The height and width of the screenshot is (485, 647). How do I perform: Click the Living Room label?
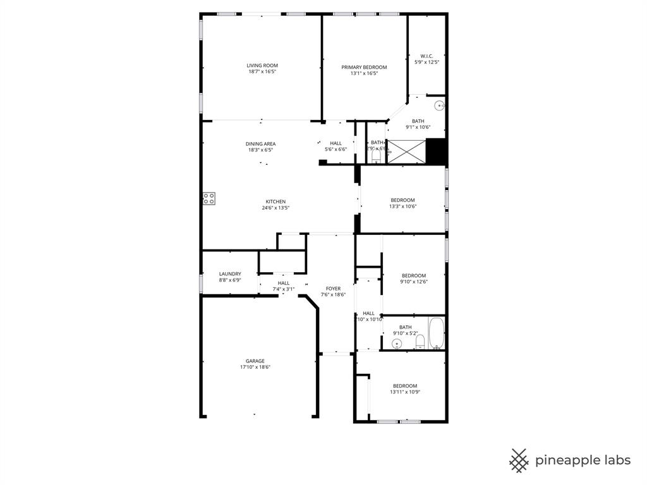click(x=262, y=66)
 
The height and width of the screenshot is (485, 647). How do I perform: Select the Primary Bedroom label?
click(x=364, y=67)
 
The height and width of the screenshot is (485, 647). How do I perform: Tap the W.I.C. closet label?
click(x=426, y=56)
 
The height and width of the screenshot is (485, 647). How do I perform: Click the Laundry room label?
click(x=230, y=274)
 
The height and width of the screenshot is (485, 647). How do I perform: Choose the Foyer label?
click(x=333, y=289)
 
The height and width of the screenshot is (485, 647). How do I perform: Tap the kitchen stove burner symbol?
click(x=209, y=198)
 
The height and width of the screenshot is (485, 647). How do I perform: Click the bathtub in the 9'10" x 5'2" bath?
click(x=437, y=333)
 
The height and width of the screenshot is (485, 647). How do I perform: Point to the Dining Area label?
click(x=260, y=144)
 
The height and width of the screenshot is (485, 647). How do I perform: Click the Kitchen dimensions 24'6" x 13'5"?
click(x=275, y=208)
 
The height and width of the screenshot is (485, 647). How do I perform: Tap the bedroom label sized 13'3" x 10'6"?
click(x=402, y=200)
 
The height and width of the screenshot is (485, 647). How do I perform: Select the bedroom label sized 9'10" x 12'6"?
click(x=414, y=275)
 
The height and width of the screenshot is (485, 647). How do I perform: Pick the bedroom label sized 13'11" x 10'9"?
click(x=405, y=386)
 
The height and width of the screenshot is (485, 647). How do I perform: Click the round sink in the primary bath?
click(x=440, y=105)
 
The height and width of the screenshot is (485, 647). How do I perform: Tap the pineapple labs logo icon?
click(x=519, y=460)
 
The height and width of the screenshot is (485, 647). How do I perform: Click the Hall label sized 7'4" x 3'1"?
click(x=284, y=283)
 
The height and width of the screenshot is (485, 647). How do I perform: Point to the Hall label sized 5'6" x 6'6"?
click(x=336, y=143)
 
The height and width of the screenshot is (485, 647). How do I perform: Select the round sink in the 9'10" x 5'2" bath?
click(x=397, y=344)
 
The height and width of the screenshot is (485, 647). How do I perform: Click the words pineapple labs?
click(x=583, y=460)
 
